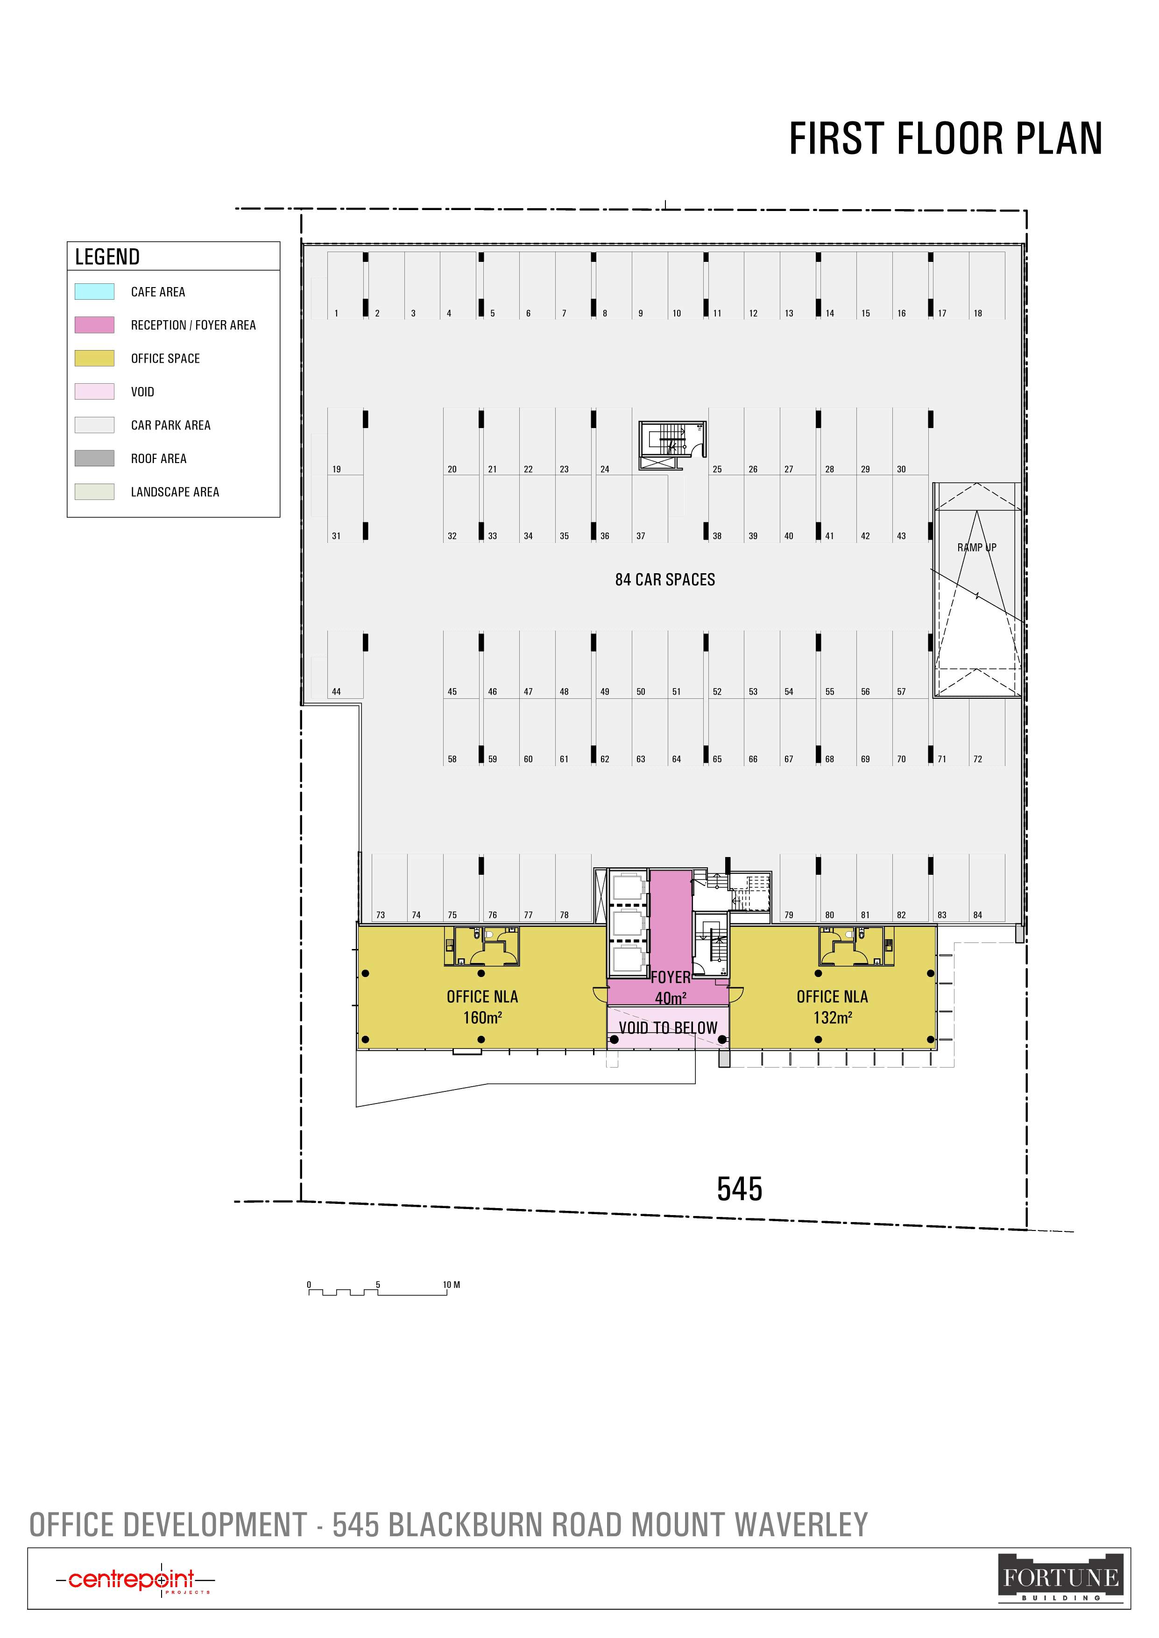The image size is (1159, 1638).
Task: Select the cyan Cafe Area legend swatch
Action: pos(94,291)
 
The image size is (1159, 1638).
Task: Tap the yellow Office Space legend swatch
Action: pos(94,358)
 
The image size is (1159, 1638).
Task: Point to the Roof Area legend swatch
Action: pos(94,458)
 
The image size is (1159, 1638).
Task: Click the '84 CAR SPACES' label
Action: pos(665,579)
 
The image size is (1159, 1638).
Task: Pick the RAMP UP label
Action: pos(977,547)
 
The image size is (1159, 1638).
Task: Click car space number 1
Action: pos(336,313)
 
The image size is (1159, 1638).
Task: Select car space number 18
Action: pos(978,313)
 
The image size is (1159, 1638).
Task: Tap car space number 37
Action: pos(641,536)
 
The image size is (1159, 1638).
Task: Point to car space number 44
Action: pos(336,691)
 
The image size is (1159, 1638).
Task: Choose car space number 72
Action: pos(978,759)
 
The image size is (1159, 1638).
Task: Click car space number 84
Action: pos(978,914)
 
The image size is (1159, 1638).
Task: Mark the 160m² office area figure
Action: pos(482,1017)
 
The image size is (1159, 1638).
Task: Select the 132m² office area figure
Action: pos(832,1017)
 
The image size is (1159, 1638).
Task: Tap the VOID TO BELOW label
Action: pos(668,1028)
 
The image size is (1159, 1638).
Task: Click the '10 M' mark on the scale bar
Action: pos(451,1285)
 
